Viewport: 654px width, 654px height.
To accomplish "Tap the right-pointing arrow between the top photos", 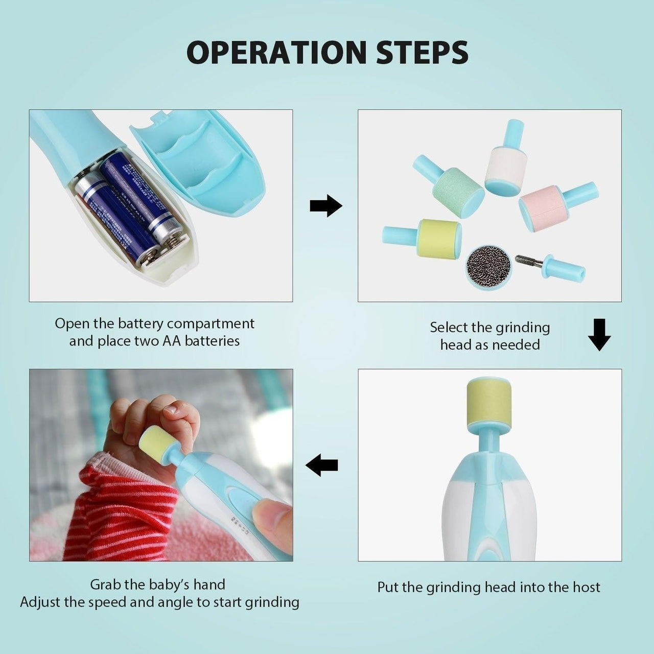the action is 326,205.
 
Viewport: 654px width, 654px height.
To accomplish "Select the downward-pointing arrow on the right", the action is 599,335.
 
